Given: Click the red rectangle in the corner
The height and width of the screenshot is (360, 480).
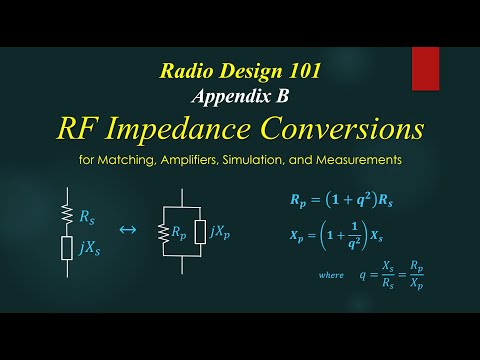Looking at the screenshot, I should coord(425,67).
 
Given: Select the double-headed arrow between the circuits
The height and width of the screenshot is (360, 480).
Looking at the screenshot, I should coord(127,230).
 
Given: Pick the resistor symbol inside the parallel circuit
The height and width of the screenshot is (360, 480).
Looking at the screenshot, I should coord(161,234).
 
